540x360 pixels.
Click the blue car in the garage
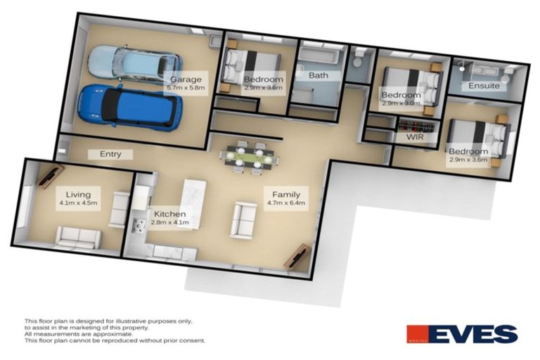coord(130,108)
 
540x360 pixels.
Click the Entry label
coord(110,154)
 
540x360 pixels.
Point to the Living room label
coord(79,195)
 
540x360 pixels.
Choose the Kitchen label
coord(169,214)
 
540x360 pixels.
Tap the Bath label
coord(319,75)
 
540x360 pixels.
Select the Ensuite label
coord(484,85)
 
